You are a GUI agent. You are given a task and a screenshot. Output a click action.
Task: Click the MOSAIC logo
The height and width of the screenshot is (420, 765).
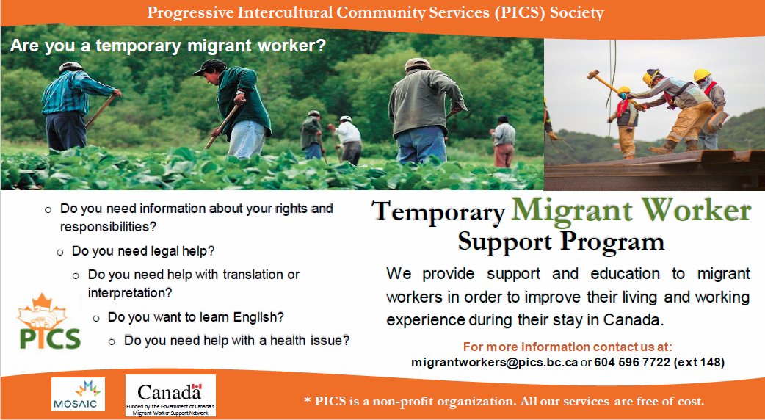pos(78,394)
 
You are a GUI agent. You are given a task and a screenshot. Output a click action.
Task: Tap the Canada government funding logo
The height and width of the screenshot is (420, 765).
pos(170,396)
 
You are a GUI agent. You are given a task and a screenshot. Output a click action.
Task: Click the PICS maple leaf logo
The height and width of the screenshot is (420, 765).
pos(48,322)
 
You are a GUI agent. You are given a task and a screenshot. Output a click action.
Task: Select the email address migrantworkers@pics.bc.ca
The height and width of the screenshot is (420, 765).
pos(495,363)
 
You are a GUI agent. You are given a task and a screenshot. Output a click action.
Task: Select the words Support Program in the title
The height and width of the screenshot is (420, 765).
pos(561,242)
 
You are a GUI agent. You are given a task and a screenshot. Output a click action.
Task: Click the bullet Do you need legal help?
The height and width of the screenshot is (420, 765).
pos(143,251)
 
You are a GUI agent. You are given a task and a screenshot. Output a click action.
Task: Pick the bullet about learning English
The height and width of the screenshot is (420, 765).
pos(195,317)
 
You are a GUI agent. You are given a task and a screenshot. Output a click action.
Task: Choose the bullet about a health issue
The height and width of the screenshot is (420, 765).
pos(236,341)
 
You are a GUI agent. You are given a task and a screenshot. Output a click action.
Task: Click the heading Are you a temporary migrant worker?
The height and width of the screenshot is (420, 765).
pos(167,46)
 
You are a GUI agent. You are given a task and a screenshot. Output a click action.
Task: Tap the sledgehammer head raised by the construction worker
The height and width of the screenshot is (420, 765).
pos(593,75)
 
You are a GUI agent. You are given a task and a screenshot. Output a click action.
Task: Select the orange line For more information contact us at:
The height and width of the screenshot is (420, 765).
pos(568,347)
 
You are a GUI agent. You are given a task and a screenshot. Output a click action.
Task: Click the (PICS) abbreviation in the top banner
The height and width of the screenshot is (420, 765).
pos(520,12)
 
